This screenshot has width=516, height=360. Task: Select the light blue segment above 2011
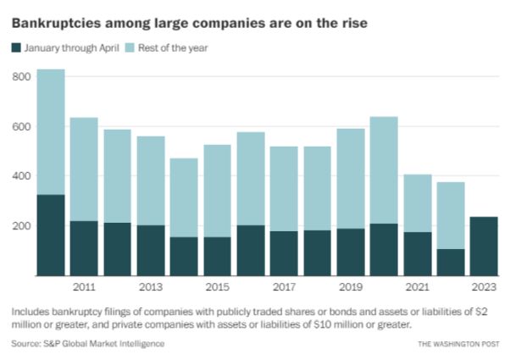(84, 169)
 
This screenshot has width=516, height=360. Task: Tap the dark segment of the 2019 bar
(350, 252)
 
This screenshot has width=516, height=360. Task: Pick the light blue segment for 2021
(417, 203)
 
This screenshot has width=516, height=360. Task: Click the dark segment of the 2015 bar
(217, 256)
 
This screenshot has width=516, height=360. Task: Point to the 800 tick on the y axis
(22, 77)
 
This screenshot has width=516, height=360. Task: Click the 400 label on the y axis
(22, 176)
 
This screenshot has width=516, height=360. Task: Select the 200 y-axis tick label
(22, 226)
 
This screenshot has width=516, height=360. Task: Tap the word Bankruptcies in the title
(56, 20)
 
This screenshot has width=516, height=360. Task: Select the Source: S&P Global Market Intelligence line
(88, 343)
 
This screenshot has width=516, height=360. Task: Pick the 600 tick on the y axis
(22, 127)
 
